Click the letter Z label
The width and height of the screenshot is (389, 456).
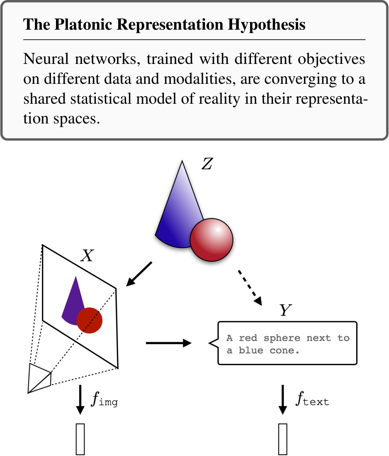pos(207,165)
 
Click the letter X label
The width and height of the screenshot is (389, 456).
pos(87,256)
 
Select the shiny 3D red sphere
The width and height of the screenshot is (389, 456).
pos(212,240)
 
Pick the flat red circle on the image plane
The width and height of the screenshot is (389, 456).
pos(89,321)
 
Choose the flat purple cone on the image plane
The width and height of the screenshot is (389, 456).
pos(73,301)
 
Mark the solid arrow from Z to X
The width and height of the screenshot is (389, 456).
pos(139,274)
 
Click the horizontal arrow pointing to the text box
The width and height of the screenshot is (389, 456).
pos(168,343)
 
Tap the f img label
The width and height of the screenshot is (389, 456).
pos(104,400)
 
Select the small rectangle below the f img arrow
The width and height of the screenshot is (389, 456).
pos(80,438)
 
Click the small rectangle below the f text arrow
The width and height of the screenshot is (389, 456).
pos(283,438)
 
